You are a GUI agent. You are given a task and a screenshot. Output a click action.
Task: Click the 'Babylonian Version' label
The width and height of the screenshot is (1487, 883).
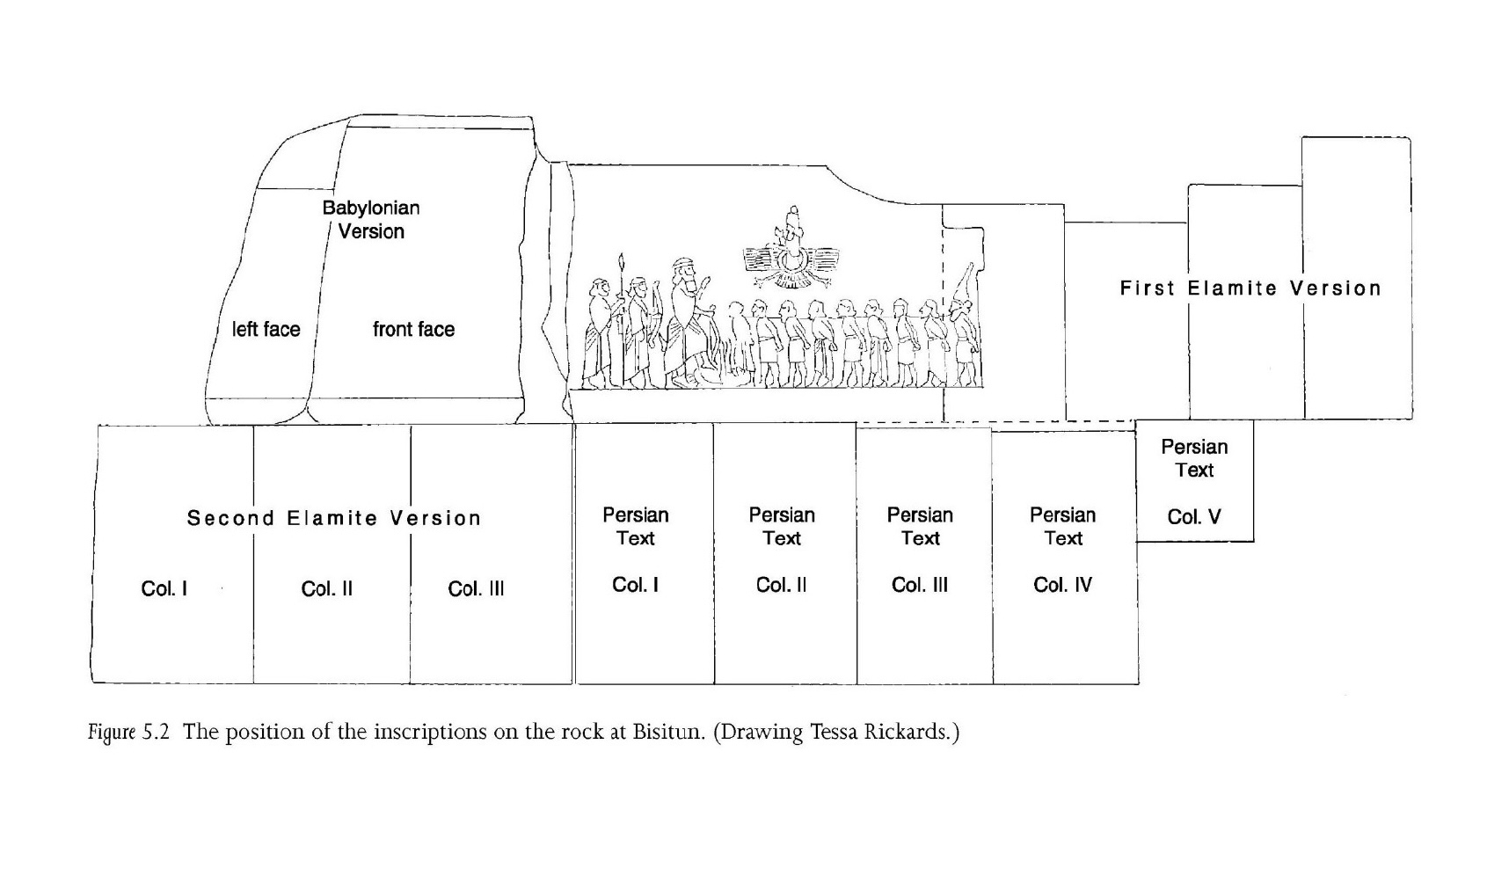tap(371, 220)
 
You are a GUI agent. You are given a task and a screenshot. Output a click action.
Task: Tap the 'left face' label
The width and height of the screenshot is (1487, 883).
tap(266, 329)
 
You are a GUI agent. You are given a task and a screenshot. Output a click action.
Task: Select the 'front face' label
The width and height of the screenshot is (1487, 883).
tap(413, 329)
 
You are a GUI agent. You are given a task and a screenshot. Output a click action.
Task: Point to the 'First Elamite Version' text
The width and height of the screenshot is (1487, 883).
tap(1250, 288)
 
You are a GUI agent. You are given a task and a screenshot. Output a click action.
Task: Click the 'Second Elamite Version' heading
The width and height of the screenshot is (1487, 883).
tap(334, 518)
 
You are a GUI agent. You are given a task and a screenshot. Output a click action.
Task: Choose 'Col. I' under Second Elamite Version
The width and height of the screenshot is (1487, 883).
tap(164, 589)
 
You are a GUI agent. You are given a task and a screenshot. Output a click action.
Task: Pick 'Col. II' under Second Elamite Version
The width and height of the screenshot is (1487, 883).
tap(326, 589)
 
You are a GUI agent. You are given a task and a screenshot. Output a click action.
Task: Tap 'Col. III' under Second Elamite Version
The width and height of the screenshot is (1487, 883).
tap(476, 589)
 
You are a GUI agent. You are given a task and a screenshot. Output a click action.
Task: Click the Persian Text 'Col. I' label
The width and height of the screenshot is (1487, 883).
tap(635, 585)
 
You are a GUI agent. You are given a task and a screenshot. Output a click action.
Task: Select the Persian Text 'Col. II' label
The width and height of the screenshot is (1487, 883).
tap(782, 585)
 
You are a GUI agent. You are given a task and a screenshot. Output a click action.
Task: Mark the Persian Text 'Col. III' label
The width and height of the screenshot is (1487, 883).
tap(920, 585)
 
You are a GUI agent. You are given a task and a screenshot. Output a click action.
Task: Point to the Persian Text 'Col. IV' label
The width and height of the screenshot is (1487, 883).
tap(1063, 585)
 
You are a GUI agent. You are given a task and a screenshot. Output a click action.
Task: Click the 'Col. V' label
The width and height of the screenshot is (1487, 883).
tap(1194, 516)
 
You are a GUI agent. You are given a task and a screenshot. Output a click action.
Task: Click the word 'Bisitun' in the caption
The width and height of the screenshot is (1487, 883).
tap(667, 732)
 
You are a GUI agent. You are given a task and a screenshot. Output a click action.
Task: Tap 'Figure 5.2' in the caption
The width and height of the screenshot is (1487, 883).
tap(128, 733)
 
